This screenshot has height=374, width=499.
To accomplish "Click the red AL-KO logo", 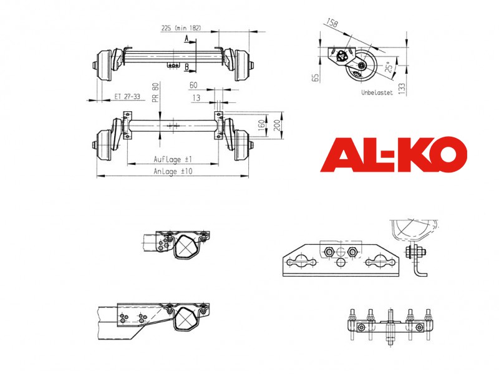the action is tap(394, 155).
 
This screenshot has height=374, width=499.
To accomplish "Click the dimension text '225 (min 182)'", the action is tap(181, 28).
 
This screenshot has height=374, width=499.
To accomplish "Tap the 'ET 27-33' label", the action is tap(127, 97).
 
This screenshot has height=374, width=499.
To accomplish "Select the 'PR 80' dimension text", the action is tap(155, 92).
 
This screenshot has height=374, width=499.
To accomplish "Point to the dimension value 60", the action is tap(193, 85).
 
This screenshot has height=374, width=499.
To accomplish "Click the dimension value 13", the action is tap(196, 98).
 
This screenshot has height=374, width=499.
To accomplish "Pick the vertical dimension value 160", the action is tap(261, 125).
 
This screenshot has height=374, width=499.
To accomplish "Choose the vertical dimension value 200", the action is tap(277, 125).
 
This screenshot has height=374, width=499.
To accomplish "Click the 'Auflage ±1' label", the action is tap(173, 159).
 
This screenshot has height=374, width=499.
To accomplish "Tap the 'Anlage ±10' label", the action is tap(173, 171).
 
